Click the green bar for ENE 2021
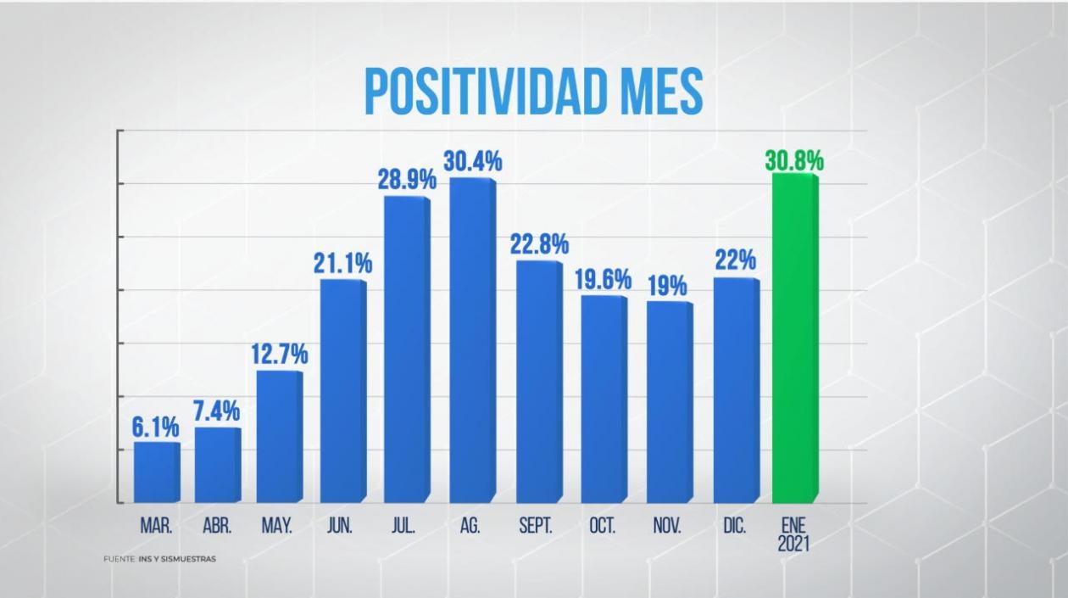coord(794,339)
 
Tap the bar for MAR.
coord(155,472)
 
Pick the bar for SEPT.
coord(538,382)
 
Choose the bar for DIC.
coord(735,390)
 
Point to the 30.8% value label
coord(794,161)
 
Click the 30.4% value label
coord(473,161)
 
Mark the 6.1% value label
coord(155,428)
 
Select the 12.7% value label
coord(279,355)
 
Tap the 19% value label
coord(667,286)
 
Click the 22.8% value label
coord(539,244)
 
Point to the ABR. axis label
coord(217,526)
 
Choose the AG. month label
coord(470,526)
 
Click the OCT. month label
coord(602,526)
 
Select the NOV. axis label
coord(667,526)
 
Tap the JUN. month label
coord(340,526)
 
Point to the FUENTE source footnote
coord(159,559)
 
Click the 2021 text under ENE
coord(793,544)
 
